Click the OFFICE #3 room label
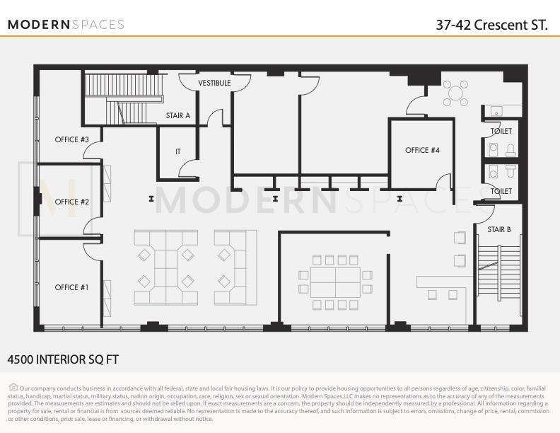71,139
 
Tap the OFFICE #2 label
71,202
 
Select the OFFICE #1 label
71,287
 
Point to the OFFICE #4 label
422,150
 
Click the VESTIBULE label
214,83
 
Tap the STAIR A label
178,115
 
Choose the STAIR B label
499,229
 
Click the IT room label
178,152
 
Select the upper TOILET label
501,131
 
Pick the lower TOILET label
501,191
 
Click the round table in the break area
455,93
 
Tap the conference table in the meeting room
335,282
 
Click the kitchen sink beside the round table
496,111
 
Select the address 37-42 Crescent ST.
492,25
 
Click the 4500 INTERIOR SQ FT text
63,359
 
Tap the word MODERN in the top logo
39,25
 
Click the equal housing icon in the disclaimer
13,387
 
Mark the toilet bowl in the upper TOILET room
511,150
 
